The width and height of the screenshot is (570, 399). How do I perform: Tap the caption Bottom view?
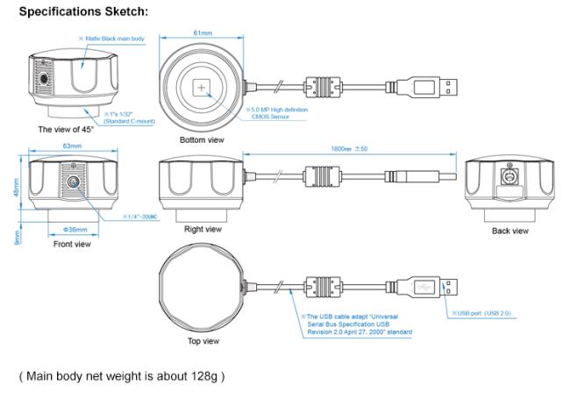pyautogui.click(x=201, y=139)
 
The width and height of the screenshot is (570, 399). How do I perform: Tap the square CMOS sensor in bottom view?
pyautogui.click(x=203, y=88)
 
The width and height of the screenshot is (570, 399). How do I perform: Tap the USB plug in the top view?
pyautogui.click(x=431, y=286)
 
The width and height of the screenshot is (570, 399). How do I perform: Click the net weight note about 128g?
pyautogui.click(x=122, y=376)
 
